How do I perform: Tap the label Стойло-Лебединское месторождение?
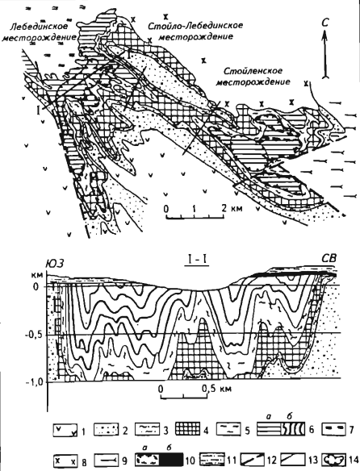(x=195, y=31)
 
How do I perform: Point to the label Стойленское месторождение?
(x=253, y=77)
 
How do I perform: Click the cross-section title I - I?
(x=197, y=261)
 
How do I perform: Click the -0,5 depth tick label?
(x=36, y=335)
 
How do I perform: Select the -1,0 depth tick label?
(x=36, y=383)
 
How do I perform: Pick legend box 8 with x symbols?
(x=65, y=459)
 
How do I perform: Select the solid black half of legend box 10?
(x=171, y=459)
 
